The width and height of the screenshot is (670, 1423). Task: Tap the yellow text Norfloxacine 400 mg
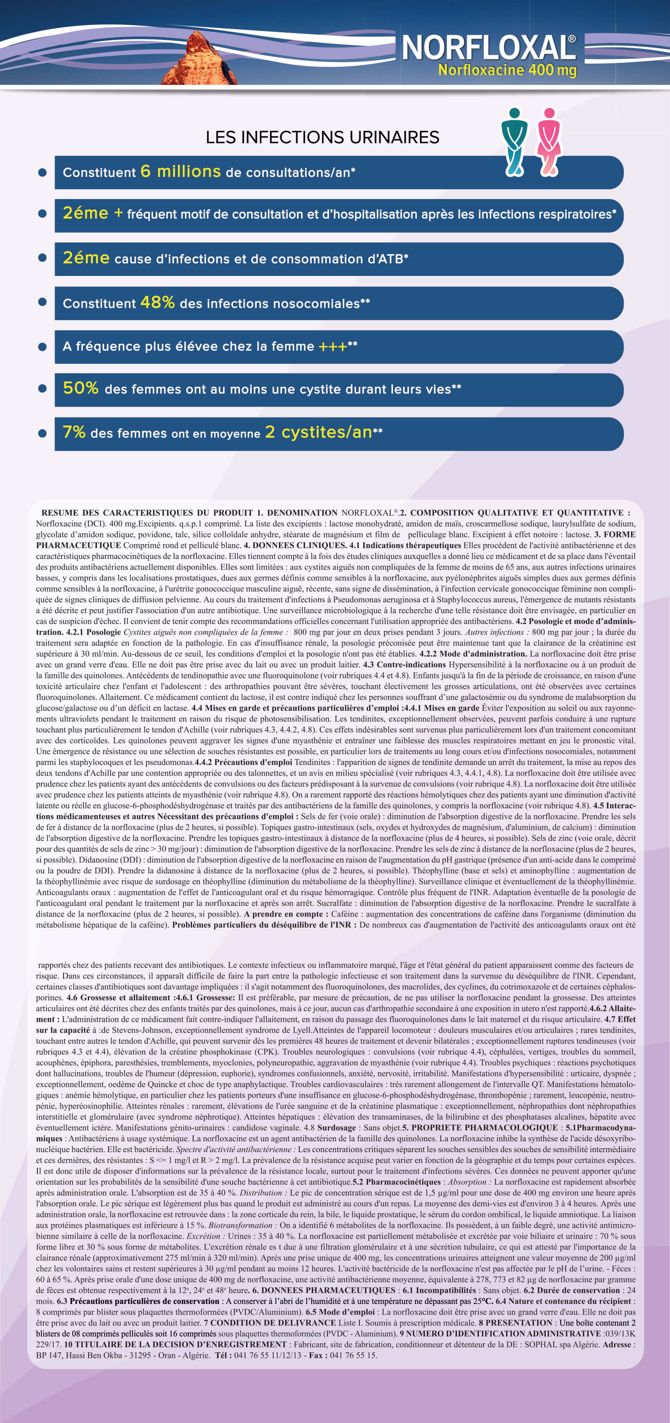(x=507, y=70)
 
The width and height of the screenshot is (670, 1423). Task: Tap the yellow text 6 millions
(x=181, y=171)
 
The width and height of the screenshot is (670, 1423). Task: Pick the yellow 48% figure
(x=157, y=302)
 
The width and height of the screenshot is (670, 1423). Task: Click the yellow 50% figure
(x=81, y=388)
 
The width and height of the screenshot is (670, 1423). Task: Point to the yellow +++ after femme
(x=332, y=346)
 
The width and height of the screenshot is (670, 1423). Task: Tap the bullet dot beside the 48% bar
(x=43, y=302)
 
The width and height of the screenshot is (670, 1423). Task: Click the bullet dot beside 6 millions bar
(x=43, y=173)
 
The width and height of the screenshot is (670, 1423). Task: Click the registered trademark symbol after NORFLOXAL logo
(x=572, y=39)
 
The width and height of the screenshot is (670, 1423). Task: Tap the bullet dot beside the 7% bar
(x=43, y=433)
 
